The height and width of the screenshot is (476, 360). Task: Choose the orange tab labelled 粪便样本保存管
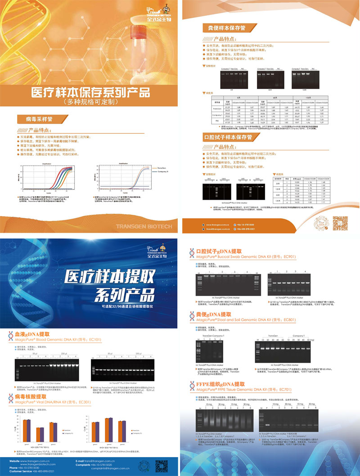coord(223,28)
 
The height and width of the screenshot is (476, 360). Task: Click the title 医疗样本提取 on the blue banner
coord(108,275)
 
